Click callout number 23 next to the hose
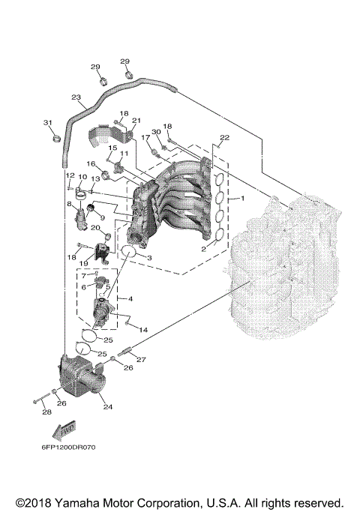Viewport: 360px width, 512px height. [x=76, y=97]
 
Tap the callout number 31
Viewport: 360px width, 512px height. [x=48, y=123]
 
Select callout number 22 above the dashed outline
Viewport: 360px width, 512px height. [x=224, y=137]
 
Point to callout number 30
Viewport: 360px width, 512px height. [x=155, y=133]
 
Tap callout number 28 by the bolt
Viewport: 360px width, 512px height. [x=46, y=412]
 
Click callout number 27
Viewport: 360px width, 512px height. [x=140, y=361]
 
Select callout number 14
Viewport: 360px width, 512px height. [x=143, y=330]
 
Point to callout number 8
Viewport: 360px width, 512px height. [x=69, y=204]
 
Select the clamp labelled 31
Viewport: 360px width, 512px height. [x=55, y=137]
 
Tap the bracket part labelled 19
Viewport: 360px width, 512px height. [x=102, y=250]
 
